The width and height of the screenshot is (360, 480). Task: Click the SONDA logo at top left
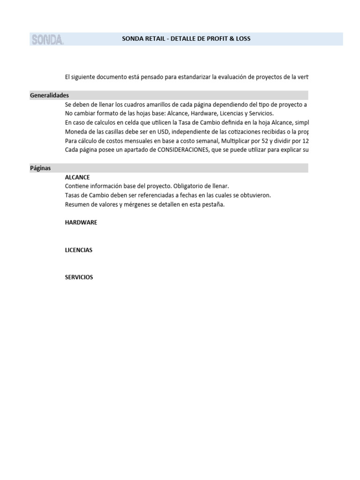47,39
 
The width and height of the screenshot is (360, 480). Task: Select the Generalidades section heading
49,95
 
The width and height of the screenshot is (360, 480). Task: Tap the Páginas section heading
40,168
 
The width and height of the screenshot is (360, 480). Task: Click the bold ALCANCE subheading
77,177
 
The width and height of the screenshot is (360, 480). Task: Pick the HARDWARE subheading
81,223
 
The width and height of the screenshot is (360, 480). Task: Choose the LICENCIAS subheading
79,250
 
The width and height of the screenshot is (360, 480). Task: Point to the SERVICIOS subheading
79,277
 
